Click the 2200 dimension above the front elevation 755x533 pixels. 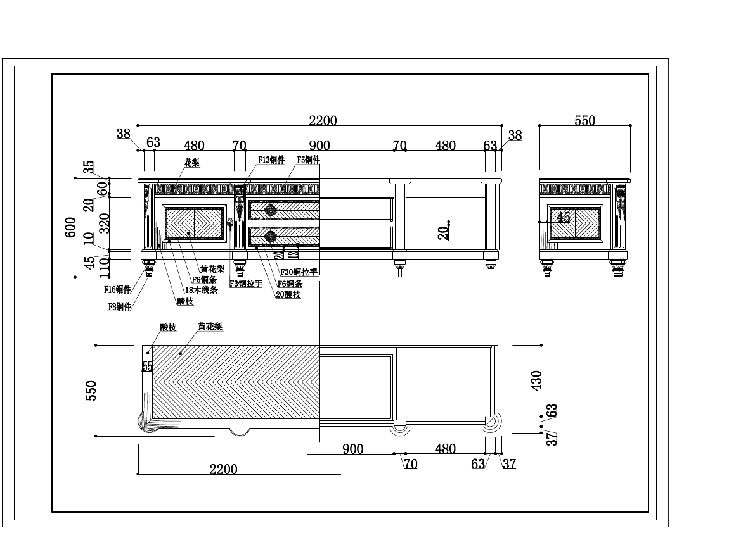323,121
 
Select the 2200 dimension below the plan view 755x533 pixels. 223,469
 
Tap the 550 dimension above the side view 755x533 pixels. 584,121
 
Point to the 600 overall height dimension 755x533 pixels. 70,227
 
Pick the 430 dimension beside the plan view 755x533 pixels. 536,380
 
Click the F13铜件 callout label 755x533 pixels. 271,160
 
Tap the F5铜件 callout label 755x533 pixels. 308,160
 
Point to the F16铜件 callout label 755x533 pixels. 117,291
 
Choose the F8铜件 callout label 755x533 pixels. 120,306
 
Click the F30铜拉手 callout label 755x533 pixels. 299,272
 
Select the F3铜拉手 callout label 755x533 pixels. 246,284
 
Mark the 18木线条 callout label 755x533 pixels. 201,290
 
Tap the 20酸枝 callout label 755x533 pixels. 288,294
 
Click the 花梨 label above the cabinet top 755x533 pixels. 191,163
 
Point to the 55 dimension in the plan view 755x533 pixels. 148,366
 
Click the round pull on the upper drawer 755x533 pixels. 271,210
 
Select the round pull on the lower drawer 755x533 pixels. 271,237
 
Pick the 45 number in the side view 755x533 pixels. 563,217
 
